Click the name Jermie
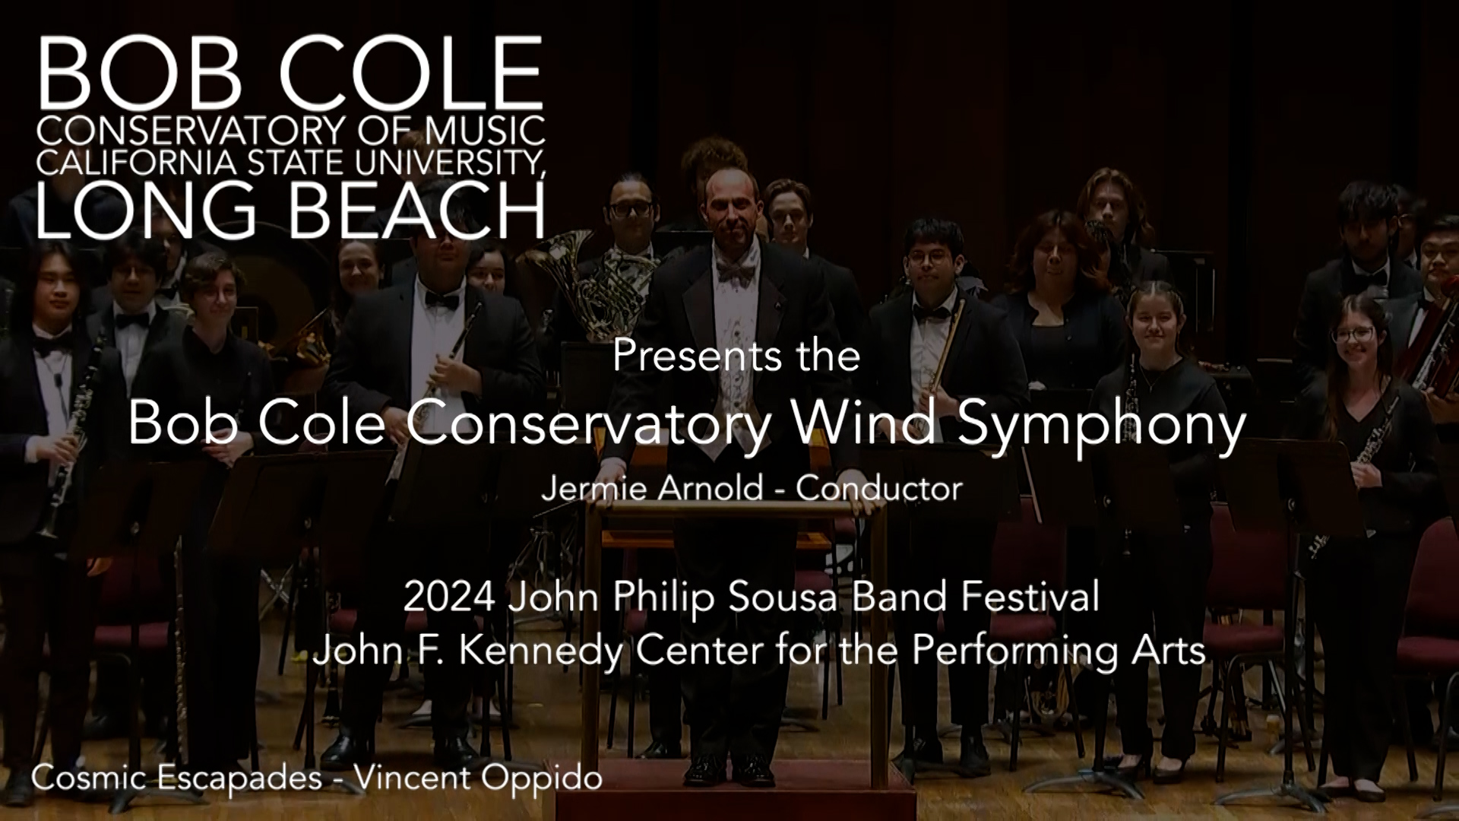pos(593,488)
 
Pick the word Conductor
pos(879,488)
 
